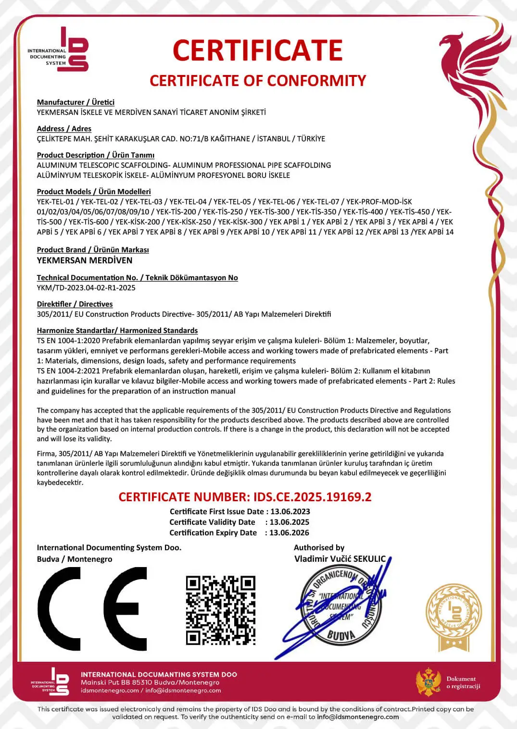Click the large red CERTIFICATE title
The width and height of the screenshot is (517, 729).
click(x=257, y=50)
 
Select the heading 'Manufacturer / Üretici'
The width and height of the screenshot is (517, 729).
click(x=76, y=102)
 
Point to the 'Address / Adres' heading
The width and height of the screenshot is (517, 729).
click(x=64, y=129)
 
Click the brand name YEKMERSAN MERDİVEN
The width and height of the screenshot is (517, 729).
click(x=85, y=260)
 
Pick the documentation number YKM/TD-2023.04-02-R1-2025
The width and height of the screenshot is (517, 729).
click(x=86, y=288)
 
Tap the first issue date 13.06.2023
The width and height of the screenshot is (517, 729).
click(x=290, y=512)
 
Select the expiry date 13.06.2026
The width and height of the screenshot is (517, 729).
click(x=289, y=533)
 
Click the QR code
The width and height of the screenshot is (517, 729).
click(x=221, y=610)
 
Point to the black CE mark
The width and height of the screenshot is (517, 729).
click(x=92, y=608)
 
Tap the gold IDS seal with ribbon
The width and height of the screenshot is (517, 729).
click(x=454, y=618)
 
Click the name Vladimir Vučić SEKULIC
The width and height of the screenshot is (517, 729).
click(x=340, y=559)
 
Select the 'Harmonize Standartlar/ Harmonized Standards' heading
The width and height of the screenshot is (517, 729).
click(x=117, y=331)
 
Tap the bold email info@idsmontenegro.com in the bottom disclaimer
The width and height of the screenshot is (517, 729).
click(x=358, y=717)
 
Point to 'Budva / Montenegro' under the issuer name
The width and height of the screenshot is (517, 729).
click(x=75, y=559)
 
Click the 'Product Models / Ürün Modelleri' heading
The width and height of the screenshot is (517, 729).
click(x=94, y=192)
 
